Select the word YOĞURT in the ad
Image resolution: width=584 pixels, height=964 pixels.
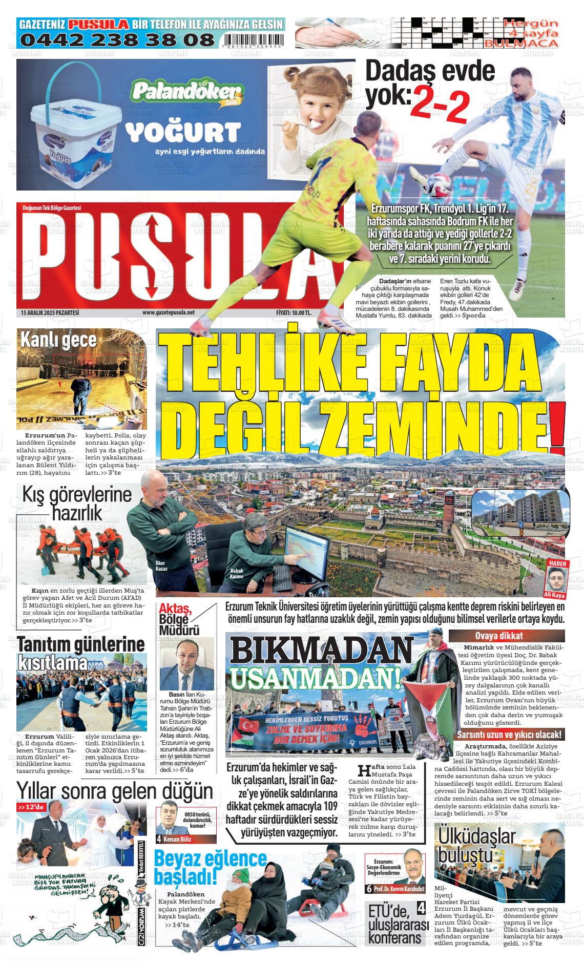[183, 133]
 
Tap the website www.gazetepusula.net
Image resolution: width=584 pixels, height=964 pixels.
[169, 312]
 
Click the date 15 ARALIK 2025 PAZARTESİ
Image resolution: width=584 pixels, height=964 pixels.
[50, 312]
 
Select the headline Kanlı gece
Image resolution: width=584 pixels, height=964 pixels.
[58, 340]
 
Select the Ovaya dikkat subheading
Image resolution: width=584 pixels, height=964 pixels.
[506, 636]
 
